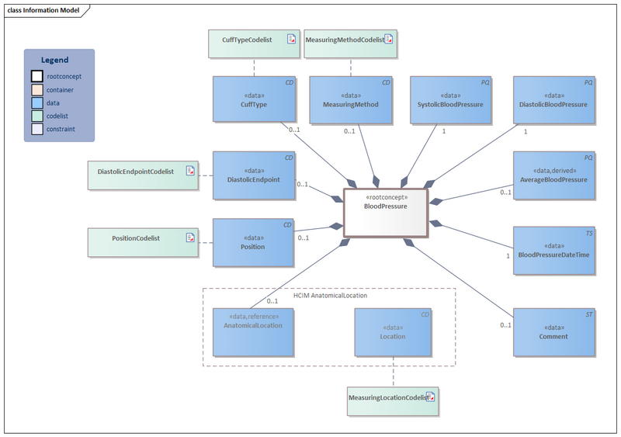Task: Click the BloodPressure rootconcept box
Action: (386, 212)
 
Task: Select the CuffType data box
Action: (255, 100)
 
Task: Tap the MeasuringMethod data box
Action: (351, 100)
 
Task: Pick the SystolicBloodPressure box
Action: (450, 100)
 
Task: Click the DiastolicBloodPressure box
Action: (553, 100)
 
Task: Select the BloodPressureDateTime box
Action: (553, 251)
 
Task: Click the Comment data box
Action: (553, 332)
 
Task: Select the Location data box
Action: (393, 332)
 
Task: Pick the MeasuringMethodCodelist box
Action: (349, 43)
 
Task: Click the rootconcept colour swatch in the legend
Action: (36, 76)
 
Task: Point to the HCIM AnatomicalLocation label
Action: (330, 296)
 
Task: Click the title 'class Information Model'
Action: (43, 10)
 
